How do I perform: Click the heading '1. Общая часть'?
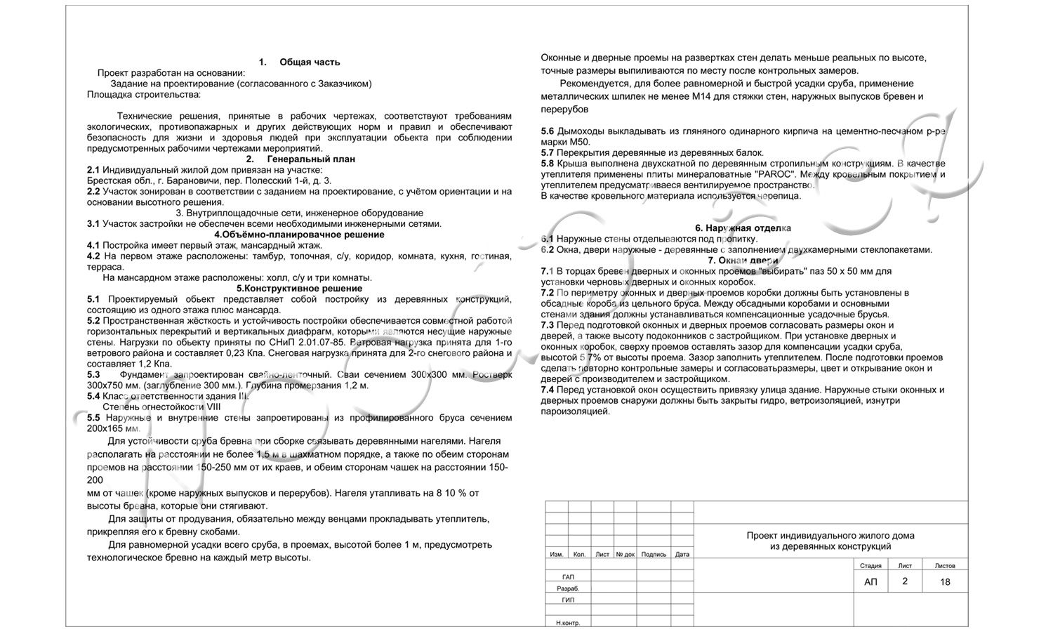299,62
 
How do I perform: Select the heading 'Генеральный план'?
311,159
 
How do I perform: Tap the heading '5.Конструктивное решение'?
299,289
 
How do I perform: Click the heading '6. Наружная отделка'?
743,228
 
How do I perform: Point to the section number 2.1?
93,170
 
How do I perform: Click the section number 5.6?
548,131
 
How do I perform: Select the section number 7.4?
548,390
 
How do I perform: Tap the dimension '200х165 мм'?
113,428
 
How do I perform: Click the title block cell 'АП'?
870,581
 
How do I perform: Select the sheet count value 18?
945,581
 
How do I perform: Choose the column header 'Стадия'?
870,565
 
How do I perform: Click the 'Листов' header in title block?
945,565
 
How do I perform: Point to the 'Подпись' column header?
654,554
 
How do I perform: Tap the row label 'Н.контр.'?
568,623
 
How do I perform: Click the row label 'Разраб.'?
568,588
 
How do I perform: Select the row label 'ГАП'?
568,577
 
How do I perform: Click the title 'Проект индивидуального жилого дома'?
830,536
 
